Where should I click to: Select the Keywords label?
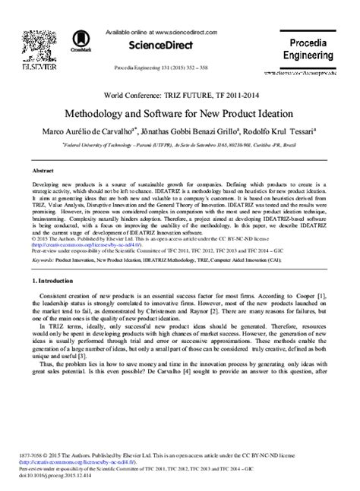click(x=41, y=237)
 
